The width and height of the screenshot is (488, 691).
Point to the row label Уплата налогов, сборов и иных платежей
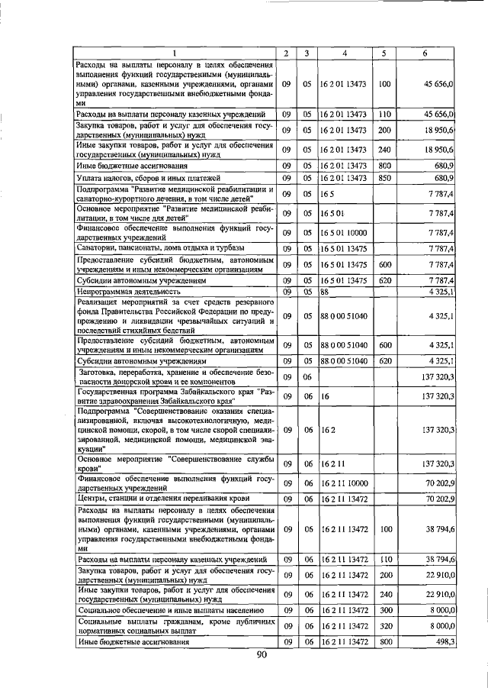(149, 178)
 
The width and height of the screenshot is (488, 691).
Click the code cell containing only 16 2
(327, 430)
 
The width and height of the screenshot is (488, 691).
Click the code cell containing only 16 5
(327, 194)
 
